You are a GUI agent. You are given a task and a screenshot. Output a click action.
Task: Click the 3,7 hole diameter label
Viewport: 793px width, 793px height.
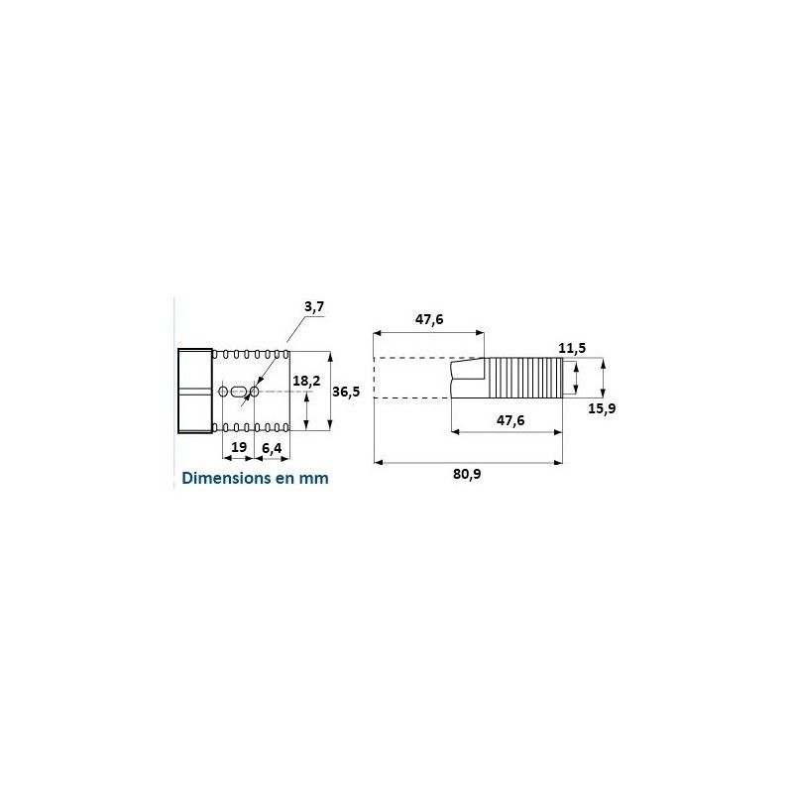coord(314,307)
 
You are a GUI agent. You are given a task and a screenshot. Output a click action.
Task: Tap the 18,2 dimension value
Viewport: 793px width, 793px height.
coord(306,381)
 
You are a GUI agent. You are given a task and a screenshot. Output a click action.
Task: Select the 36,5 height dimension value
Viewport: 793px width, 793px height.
coord(346,391)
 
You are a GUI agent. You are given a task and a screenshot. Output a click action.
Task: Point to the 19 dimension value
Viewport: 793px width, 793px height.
coord(239,447)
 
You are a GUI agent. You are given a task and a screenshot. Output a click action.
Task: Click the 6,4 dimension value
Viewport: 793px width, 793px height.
coord(272,448)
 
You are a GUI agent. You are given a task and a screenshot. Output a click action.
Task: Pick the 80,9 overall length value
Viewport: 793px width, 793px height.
coord(467,474)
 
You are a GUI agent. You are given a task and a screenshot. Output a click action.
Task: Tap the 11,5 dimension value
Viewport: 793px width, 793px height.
coord(572,348)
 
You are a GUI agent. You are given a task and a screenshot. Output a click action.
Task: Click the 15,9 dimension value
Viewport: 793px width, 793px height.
coord(602,408)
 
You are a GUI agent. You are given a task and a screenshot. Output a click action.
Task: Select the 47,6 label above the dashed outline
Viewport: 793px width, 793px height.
coord(429,319)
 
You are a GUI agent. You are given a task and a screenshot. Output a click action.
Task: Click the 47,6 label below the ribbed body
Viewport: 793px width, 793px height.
coord(510,420)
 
